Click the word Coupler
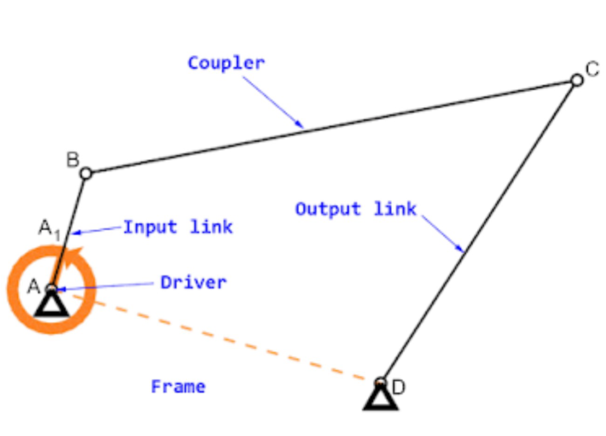pos(226,62)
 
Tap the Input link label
pos(178,227)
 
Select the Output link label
pos(356,208)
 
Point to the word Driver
pos(193,283)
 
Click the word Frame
pos(178,386)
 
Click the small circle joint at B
pos(86,172)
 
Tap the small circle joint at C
pos(577,80)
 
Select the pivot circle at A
pos(51,288)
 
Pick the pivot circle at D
pos(380,382)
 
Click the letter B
pos(72,159)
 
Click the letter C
pos(592,70)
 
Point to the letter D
pos(398,388)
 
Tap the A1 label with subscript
pos(49,229)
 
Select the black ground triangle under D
pos(380,398)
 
